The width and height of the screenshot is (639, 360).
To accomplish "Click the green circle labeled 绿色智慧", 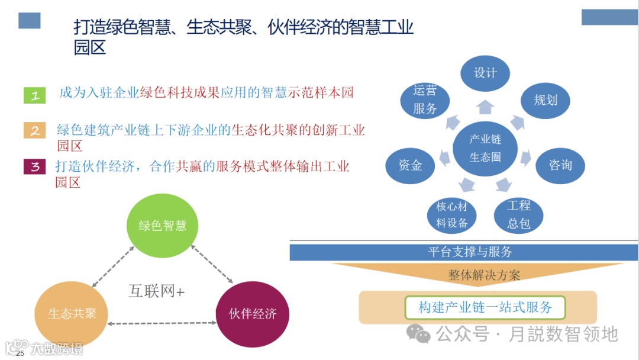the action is pos(162,226).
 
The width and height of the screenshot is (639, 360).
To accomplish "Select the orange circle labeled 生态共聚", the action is pos(72,313).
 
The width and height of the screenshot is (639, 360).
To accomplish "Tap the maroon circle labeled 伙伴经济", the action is pos(253,314).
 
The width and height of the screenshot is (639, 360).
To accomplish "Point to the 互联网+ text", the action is pos(157,291).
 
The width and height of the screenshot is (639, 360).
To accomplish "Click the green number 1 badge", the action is pos(34,95).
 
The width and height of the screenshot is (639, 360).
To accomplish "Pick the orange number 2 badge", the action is pos(34,130).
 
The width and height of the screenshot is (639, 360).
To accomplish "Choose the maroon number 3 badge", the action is pos(34,166).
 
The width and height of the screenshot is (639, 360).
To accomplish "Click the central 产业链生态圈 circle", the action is pos(485,148).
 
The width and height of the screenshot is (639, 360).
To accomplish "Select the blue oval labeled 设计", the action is pos(485,73).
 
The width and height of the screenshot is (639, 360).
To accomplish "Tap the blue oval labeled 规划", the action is pos(545,100).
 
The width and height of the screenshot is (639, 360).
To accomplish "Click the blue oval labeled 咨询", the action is pos(560,165).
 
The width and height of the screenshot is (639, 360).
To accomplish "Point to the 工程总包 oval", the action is pos(518,214).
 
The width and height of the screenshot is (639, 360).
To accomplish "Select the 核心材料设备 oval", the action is pos(451,215).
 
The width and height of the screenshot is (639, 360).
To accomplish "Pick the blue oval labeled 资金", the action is pos(410,165).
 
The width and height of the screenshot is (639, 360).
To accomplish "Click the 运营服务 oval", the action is pos(425,99).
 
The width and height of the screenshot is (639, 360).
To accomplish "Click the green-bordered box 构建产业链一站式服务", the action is pos(485,307).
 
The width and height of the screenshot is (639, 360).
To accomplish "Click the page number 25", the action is pos(20,353).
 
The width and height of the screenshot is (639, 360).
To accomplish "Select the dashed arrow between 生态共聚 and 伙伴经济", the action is pos(162,323).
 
